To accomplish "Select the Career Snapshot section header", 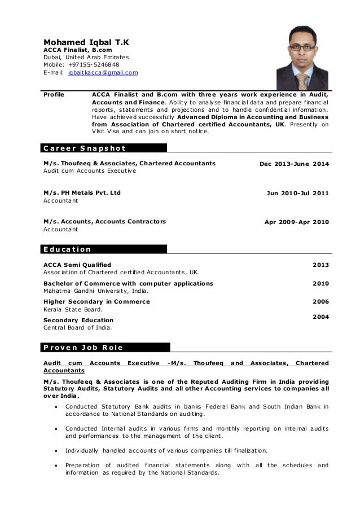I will tap(84, 148).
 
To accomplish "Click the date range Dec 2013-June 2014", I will tap(293, 164).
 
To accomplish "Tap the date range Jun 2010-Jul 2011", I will tap(297, 193).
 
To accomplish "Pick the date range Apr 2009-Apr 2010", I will tap(296, 222).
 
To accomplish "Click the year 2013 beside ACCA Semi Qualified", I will tap(321, 265).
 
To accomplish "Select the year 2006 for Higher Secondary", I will tap(321, 302).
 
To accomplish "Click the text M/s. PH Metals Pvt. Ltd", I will tap(82, 192).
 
